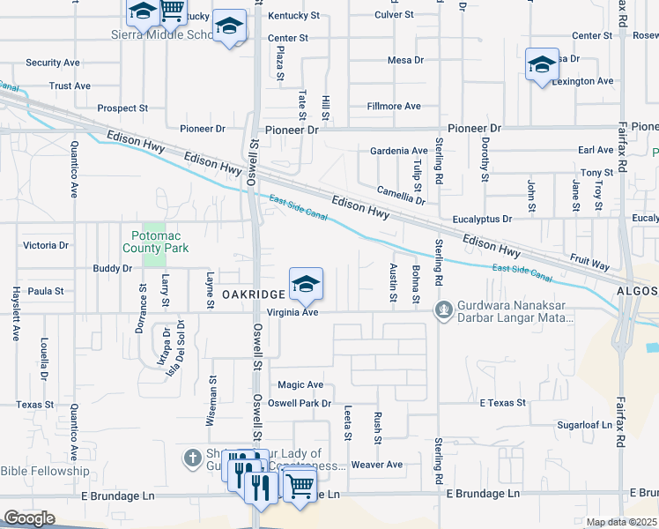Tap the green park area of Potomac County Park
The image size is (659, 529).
(x=154, y=257)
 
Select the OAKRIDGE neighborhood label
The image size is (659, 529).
(x=253, y=294)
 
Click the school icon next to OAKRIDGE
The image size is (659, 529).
(x=306, y=284)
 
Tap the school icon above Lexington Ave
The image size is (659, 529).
(x=542, y=64)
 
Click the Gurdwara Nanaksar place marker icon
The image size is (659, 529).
(x=445, y=309)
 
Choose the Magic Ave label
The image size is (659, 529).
(x=300, y=384)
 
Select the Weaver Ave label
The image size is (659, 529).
(x=376, y=465)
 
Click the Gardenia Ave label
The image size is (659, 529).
(x=398, y=151)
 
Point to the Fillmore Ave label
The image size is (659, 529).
(x=394, y=106)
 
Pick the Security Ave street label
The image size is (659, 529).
(x=53, y=63)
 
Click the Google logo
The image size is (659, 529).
(x=29, y=518)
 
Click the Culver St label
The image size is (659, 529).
(x=394, y=15)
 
